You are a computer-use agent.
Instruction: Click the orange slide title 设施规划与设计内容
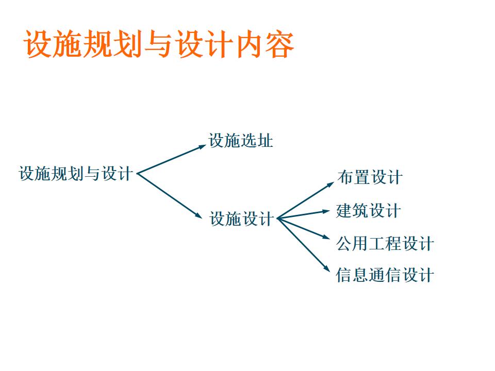[159, 44]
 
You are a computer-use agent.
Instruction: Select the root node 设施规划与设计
[76, 174]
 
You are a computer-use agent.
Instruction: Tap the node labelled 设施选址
[241, 141]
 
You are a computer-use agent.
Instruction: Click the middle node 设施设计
[241, 219]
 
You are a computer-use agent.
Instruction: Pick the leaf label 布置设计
[370, 178]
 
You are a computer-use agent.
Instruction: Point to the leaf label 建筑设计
[368, 211]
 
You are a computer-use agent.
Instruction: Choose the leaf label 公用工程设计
[385, 243]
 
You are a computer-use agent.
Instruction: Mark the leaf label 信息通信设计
[385, 275]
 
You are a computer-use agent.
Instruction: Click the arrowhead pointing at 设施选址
[203, 146]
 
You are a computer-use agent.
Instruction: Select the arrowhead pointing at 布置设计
[331, 182]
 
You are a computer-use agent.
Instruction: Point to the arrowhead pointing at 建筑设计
[326, 210]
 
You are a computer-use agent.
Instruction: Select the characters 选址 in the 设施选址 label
[257, 141]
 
